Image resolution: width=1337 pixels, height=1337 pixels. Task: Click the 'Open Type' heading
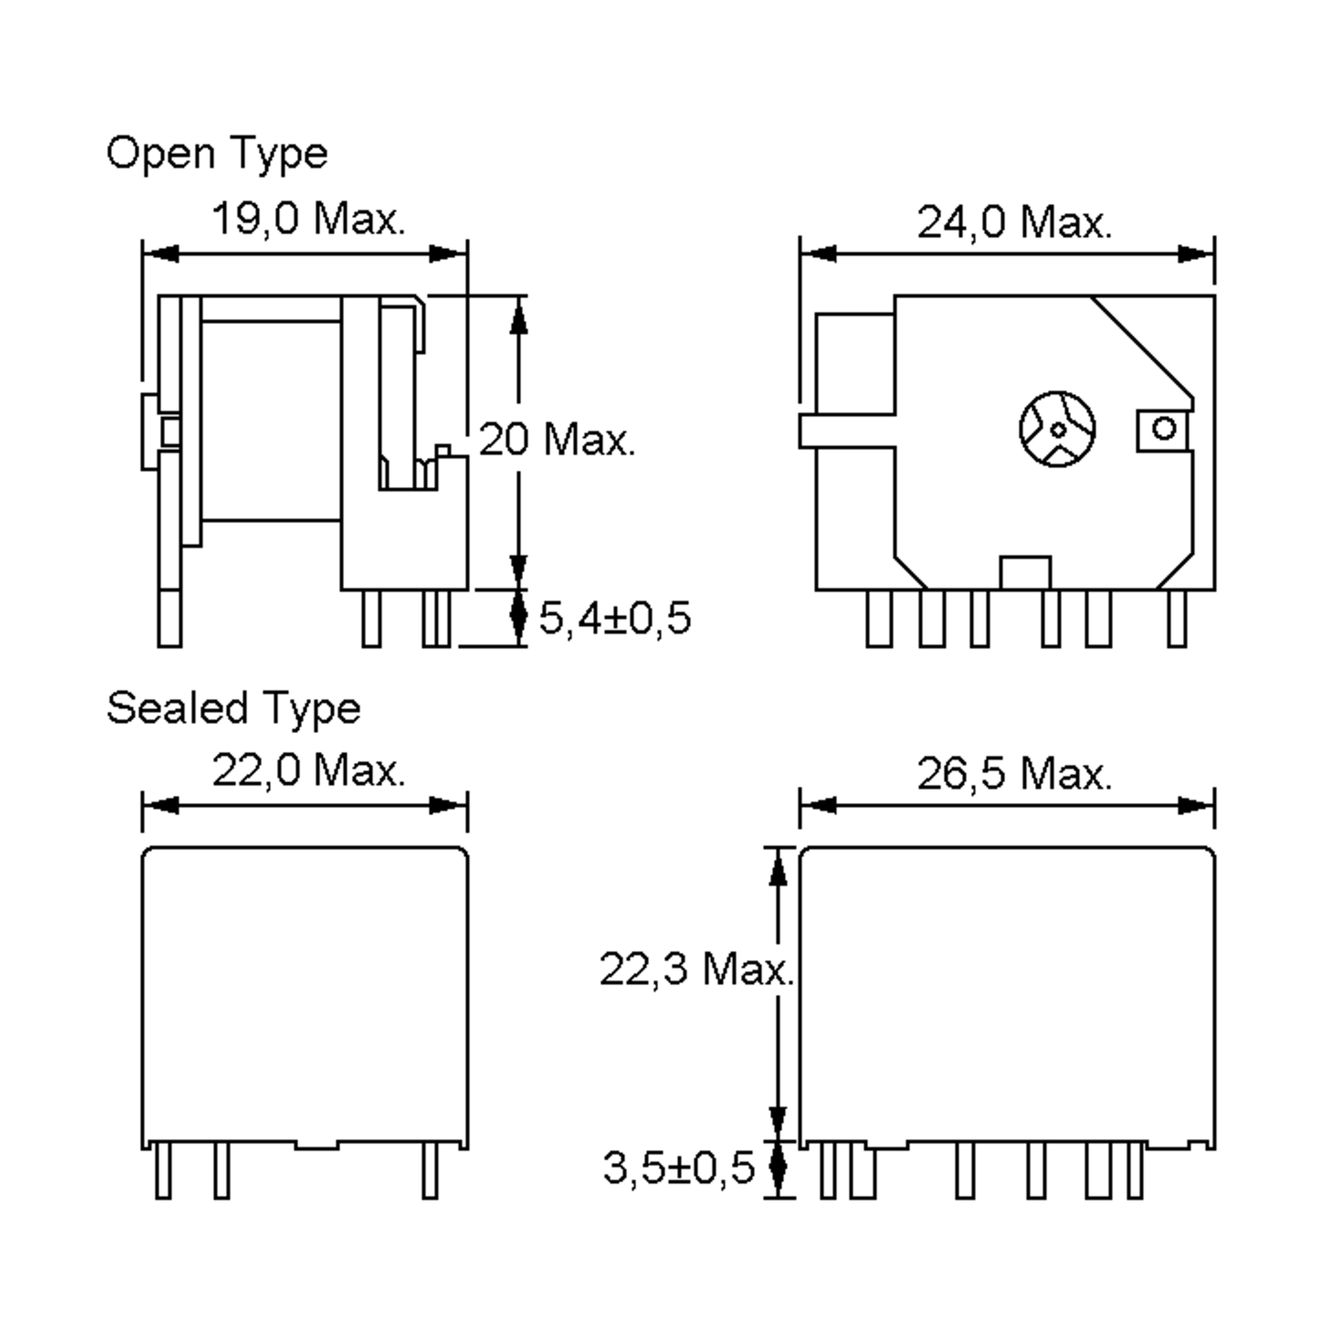pyautogui.click(x=217, y=154)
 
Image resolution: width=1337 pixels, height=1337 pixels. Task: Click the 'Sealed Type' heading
pyautogui.click(x=233, y=709)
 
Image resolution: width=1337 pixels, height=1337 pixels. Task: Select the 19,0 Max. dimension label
pyautogui.click(x=308, y=219)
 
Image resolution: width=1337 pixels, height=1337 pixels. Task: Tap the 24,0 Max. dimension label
pyautogui.click(x=1014, y=223)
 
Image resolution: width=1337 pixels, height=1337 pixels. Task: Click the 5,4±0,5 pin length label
pyautogui.click(x=614, y=618)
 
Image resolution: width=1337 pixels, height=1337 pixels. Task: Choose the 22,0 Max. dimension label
pyautogui.click(x=308, y=770)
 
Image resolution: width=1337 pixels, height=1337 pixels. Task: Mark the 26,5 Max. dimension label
pyautogui.click(x=1014, y=774)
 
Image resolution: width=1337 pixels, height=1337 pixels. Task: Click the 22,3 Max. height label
pyautogui.click(x=695, y=969)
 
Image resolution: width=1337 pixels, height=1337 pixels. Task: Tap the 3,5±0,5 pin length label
pyautogui.click(x=678, y=1168)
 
